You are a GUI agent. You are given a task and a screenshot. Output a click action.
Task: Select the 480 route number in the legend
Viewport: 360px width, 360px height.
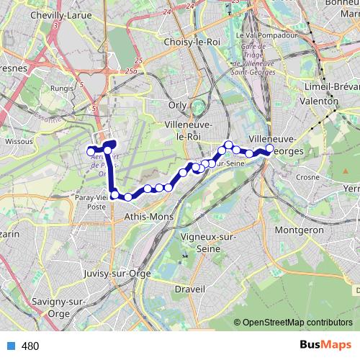point(30,346)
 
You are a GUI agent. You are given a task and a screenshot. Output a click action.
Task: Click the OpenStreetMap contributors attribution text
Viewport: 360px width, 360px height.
point(298,322)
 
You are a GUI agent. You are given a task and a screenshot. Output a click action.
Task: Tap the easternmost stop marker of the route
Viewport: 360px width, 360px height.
point(270,149)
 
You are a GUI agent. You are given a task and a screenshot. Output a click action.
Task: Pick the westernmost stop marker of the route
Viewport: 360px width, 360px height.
point(91,151)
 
